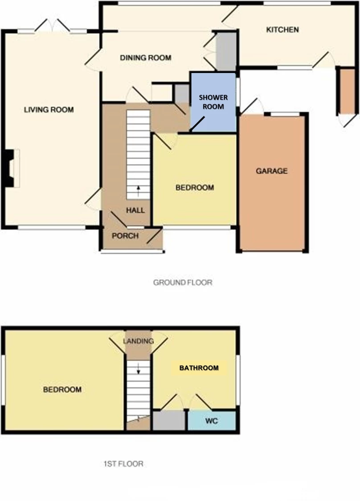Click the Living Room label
[49, 110]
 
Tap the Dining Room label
[146, 58]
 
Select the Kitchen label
[282, 30]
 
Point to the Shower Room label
[213, 102]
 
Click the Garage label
[271, 171]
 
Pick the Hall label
[135, 210]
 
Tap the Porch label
[125, 236]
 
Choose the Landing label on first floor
[139, 341]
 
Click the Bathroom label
[199, 368]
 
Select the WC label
[212, 421]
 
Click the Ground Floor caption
[183, 282]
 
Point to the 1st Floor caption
[123, 464]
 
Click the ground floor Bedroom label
[194, 187]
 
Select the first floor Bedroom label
[62, 390]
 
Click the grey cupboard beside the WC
[168, 421]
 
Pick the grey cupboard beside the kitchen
[225, 51]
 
